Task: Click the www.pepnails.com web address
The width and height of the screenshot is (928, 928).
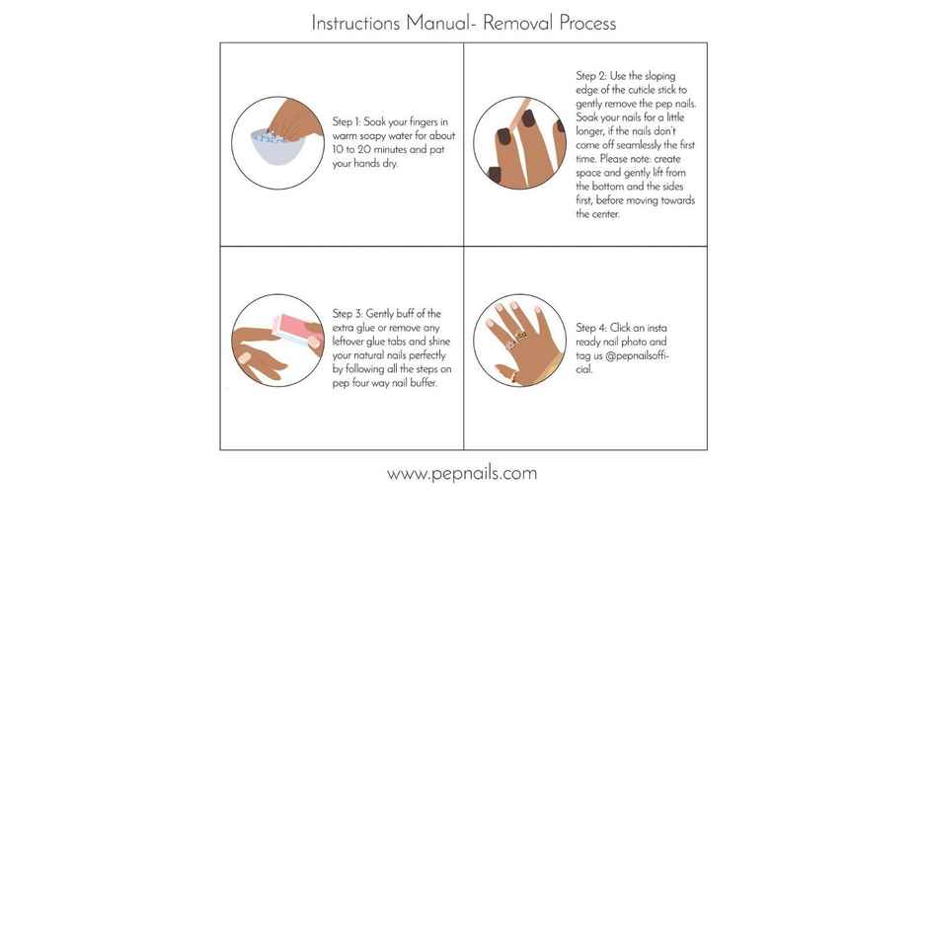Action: point(462,473)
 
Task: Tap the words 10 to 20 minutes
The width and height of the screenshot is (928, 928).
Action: point(367,150)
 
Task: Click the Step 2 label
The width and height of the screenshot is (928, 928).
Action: point(590,76)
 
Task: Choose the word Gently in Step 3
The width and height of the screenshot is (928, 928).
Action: point(382,314)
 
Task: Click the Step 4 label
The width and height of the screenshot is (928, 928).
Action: point(590,328)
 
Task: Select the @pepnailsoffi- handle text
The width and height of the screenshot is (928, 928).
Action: point(635,355)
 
